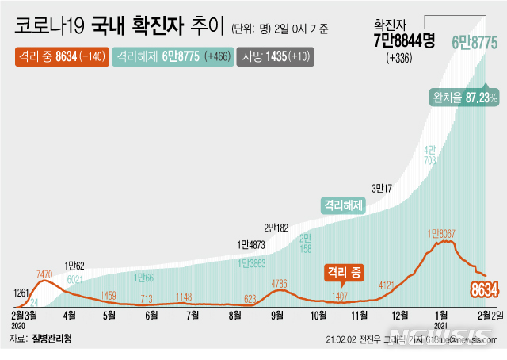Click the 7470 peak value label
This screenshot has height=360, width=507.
44,275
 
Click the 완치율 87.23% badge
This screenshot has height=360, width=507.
464,98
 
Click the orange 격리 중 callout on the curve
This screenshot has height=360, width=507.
343,274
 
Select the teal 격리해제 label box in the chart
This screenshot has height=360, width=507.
342,205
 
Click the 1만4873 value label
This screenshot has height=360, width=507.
253,244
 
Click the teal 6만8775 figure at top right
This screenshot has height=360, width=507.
475,41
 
